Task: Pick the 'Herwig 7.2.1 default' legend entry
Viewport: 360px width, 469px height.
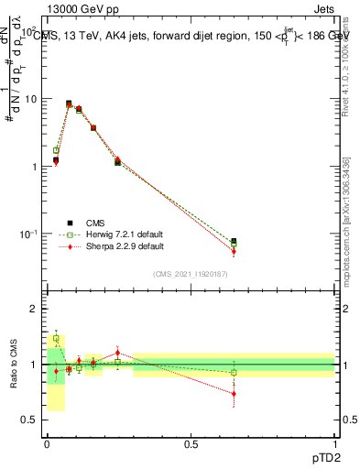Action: point(113,234)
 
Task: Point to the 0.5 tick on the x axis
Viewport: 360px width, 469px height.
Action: point(191,444)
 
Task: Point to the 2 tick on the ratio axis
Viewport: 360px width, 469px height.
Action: point(35,310)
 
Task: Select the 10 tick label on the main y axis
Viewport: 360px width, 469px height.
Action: point(30,99)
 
